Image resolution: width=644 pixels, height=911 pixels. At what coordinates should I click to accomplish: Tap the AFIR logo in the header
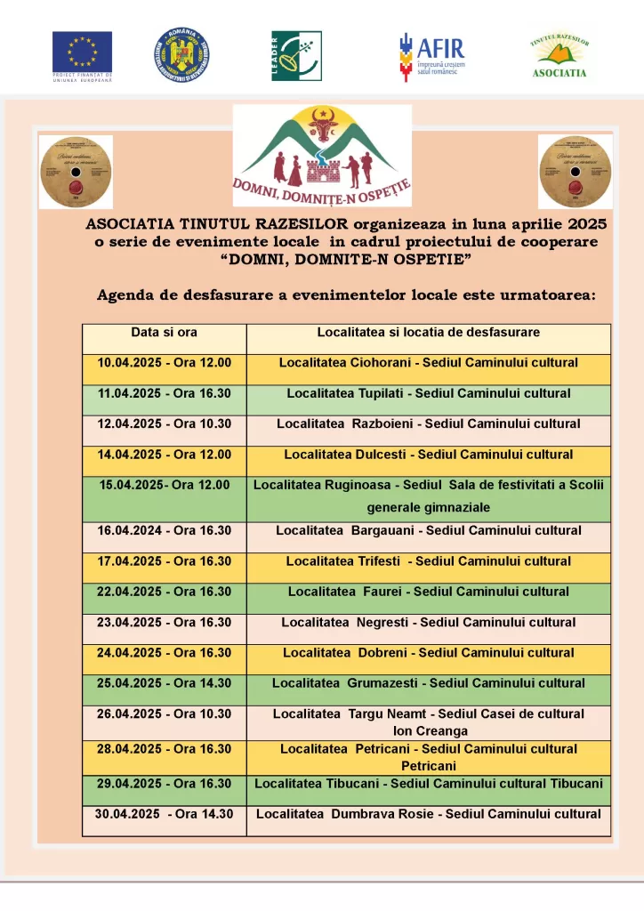coord(431,55)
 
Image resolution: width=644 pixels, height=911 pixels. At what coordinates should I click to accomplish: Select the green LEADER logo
coord(296,55)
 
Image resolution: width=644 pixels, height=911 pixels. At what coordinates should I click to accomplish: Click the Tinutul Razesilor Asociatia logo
coord(559,56)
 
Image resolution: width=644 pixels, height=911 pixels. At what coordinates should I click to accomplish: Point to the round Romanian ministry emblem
coord(182,54)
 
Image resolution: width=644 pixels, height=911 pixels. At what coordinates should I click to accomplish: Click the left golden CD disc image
coord(76,172)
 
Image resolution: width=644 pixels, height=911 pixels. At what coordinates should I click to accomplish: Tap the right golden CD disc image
coord(575,172)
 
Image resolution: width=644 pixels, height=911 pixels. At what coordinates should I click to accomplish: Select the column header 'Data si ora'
coord(165,333)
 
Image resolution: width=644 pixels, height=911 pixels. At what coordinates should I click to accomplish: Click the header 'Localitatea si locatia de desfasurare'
coord(429,333)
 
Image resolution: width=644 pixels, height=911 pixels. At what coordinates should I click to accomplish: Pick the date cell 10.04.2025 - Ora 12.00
coord(165,363)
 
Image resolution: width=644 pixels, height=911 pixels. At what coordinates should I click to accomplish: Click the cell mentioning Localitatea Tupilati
coord(429,393)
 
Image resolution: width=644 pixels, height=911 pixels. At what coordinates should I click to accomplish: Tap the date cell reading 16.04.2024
coord(165,531)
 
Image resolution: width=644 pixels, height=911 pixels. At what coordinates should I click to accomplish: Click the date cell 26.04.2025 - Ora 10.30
coord(165,714)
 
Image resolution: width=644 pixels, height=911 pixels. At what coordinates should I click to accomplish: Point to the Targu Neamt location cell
coord(429,722)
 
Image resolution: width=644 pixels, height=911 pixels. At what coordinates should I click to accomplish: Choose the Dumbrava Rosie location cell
coord(429,814)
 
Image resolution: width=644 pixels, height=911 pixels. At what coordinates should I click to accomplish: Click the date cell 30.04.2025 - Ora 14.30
coord(165,814)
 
